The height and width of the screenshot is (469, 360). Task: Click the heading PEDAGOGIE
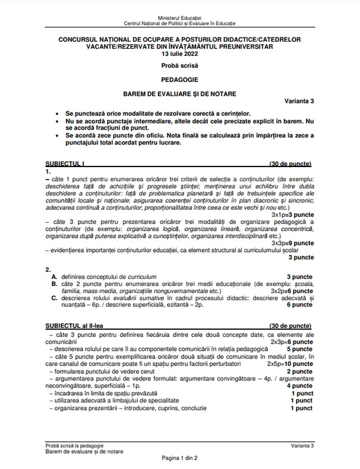point(179,78)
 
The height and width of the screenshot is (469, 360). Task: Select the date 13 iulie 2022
point(179,53)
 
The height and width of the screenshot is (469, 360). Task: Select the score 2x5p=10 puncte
point(290,363)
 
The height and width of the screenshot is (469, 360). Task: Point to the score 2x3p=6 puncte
point(292,342)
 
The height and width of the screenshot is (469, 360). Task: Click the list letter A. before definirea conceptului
point(55,277)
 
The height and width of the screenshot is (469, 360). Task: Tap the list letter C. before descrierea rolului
point(55,298)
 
